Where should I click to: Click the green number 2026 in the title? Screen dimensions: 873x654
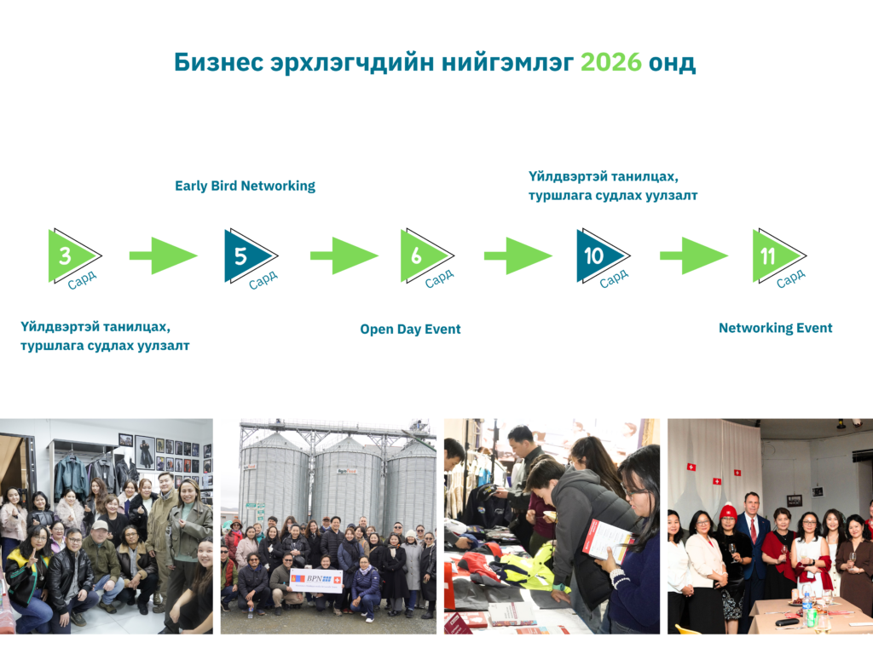[610, 62]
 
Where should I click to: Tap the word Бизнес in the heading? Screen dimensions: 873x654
[219, 62]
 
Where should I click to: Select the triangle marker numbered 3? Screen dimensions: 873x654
[72, 255]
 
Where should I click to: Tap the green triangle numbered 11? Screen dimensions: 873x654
[777, 255]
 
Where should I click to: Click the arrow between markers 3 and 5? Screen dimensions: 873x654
[163, 255]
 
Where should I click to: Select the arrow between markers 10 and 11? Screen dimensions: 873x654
[694, 255]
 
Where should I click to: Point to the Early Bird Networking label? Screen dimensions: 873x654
[245, 186]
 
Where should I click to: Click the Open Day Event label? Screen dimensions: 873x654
[410, 330]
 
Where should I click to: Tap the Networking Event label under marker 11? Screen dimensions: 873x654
[776, 328]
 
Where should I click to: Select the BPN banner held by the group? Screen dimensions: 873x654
[315, 581]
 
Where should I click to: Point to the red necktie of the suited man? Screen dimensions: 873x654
[754, 530]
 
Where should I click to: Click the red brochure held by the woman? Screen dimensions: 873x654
[607, 539]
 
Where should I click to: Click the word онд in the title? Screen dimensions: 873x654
[672, 62]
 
